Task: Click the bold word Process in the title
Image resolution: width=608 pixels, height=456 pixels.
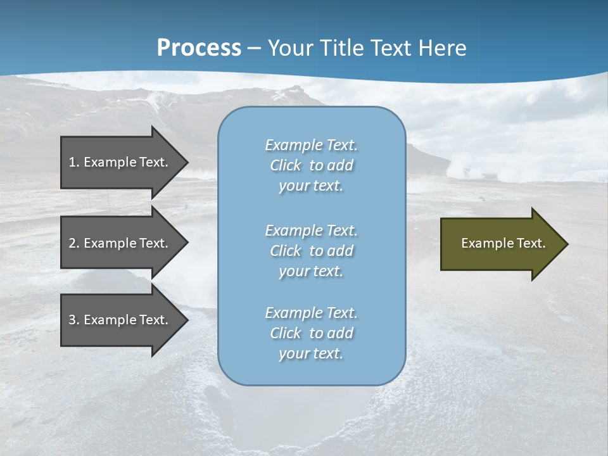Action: (199, 48)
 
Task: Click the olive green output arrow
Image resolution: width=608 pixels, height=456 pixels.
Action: (500, 243)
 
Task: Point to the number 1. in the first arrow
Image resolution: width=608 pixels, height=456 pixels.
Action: (74, 162)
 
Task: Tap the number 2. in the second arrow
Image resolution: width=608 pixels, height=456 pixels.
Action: (74, 243)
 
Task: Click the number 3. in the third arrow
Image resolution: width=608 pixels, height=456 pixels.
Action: (74, 320)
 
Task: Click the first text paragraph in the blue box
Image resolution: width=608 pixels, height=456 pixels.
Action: (311, 165)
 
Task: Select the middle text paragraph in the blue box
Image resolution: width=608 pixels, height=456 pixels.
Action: (311, 251)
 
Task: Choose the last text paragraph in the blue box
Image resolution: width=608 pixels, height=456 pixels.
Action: (311, 333)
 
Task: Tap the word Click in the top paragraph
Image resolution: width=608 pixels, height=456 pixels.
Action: (285, 165)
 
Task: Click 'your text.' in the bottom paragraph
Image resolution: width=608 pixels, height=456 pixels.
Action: (311, 353)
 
